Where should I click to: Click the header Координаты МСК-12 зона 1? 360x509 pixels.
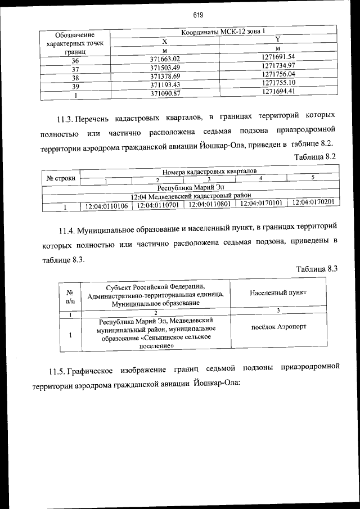tap(223, 32)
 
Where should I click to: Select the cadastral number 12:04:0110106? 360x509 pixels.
tap(106, 206)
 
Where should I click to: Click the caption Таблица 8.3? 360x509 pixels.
tap(316, 268)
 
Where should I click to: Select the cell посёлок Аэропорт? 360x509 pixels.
tap(278, 327)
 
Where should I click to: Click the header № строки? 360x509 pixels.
tap(61, 178)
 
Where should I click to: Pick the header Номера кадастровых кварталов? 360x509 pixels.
tap(210, 170)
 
